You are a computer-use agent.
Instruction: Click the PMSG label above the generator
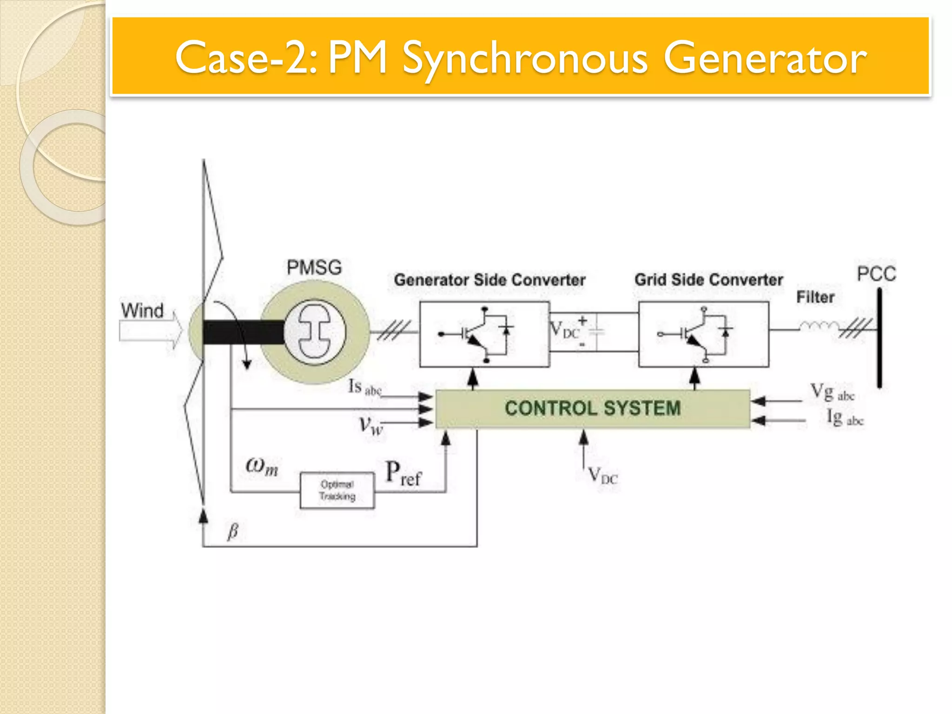[314, 267]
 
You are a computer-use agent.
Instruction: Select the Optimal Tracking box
[337, 490]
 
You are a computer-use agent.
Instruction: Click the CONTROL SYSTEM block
[592, 408]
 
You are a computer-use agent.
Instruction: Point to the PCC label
[876, 273]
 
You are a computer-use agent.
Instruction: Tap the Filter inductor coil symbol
[819, 326]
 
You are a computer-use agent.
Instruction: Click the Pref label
[403, 473]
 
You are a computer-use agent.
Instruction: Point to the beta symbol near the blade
[233, 531]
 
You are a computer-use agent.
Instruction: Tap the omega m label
[262, 465]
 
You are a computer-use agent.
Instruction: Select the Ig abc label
[844, 417]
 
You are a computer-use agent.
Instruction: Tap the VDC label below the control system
[602, 476]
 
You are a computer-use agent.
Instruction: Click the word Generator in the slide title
[765, 58]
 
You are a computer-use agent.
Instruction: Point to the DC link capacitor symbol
[597, 331]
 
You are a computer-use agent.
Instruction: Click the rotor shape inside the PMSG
[315, 331]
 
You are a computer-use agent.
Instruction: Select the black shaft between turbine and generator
[243, 332]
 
